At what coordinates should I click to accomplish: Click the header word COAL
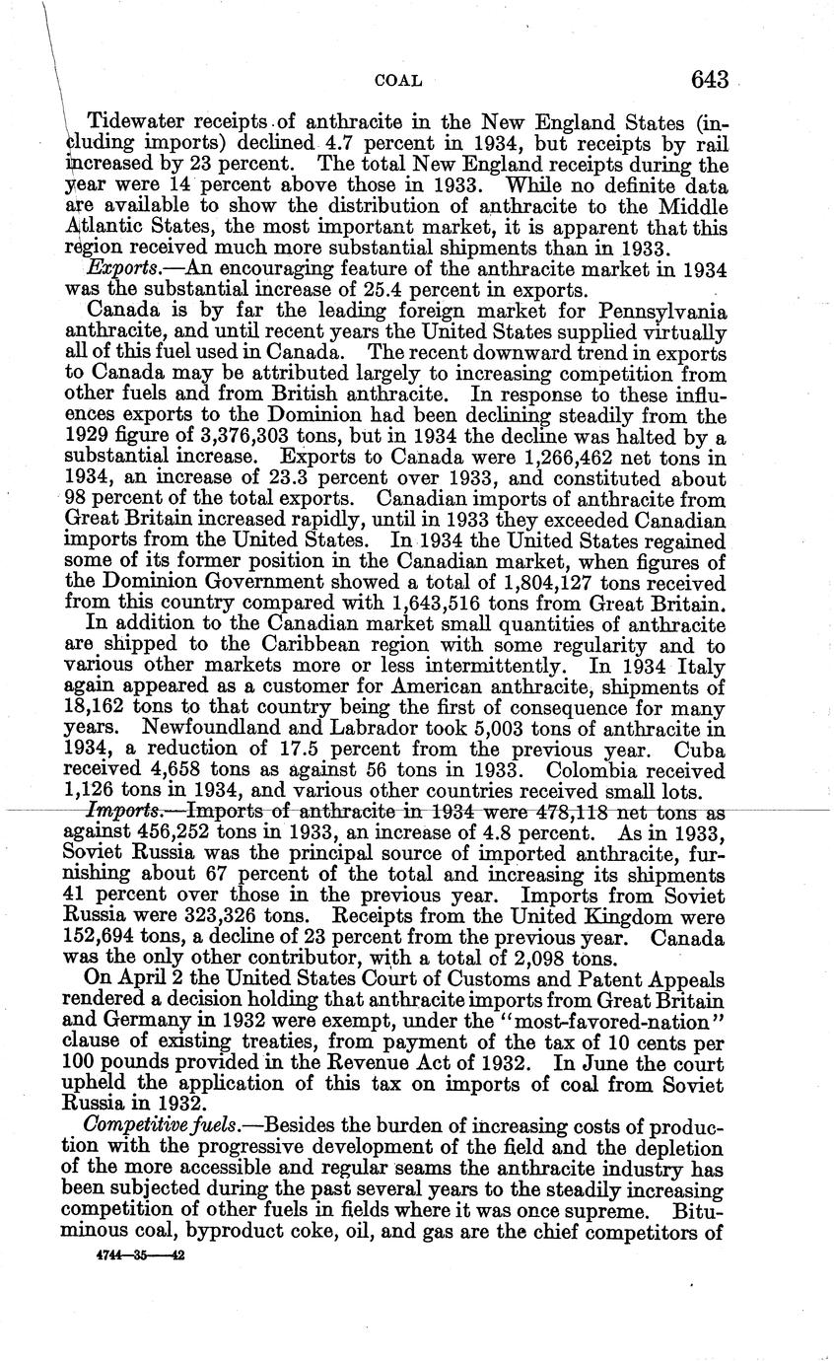point(398,80)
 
